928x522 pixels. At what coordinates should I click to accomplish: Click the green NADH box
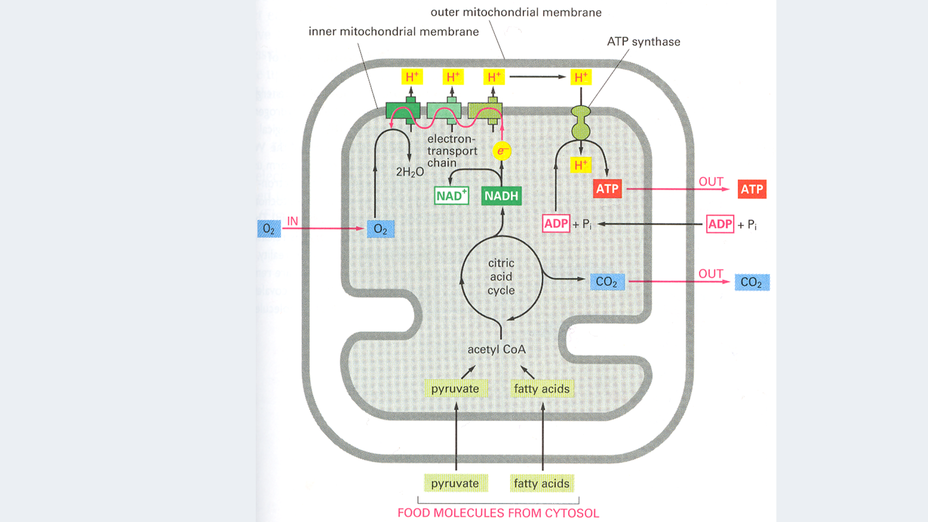pos(501,196)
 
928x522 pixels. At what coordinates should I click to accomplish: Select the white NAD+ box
pos(451,196)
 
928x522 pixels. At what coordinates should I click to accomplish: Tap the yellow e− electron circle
pos(502,151)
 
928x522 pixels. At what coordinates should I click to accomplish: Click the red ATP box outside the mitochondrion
pos(752,189)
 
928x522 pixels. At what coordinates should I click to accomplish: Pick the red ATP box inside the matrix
pos(607,188)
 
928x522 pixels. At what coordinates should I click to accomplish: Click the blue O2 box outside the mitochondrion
pos(269,229)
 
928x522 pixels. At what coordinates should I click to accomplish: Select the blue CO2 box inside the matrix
pos(607,282)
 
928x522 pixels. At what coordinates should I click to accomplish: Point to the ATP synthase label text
pos(643,42)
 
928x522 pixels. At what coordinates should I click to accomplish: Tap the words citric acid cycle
pos(501,277)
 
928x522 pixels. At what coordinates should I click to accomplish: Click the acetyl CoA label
pos(496,349)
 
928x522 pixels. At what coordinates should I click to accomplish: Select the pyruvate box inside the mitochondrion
pos(455,389)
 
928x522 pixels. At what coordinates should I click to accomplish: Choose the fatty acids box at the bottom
pos(541,483)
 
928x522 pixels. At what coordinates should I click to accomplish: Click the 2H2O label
pos(409,172)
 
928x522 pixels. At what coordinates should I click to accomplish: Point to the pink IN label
pos(292,221)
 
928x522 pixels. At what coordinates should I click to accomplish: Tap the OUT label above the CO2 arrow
pos(710,274)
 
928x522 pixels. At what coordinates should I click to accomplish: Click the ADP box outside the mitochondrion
pos(720,224)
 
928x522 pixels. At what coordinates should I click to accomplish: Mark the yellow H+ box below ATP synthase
pos(581,165)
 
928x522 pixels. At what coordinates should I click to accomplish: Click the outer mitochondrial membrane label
pos(516,12)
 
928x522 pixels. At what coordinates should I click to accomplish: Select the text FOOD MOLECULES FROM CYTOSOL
pos(498,513)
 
